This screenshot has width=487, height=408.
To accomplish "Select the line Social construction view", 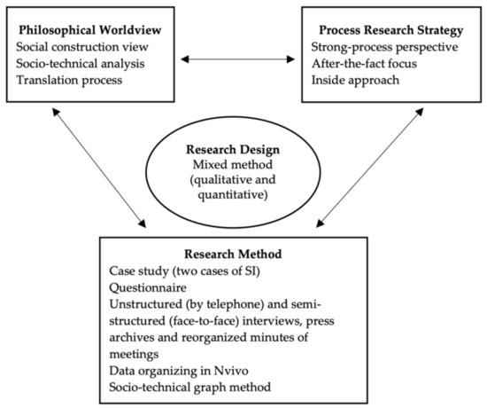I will (86, 42).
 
